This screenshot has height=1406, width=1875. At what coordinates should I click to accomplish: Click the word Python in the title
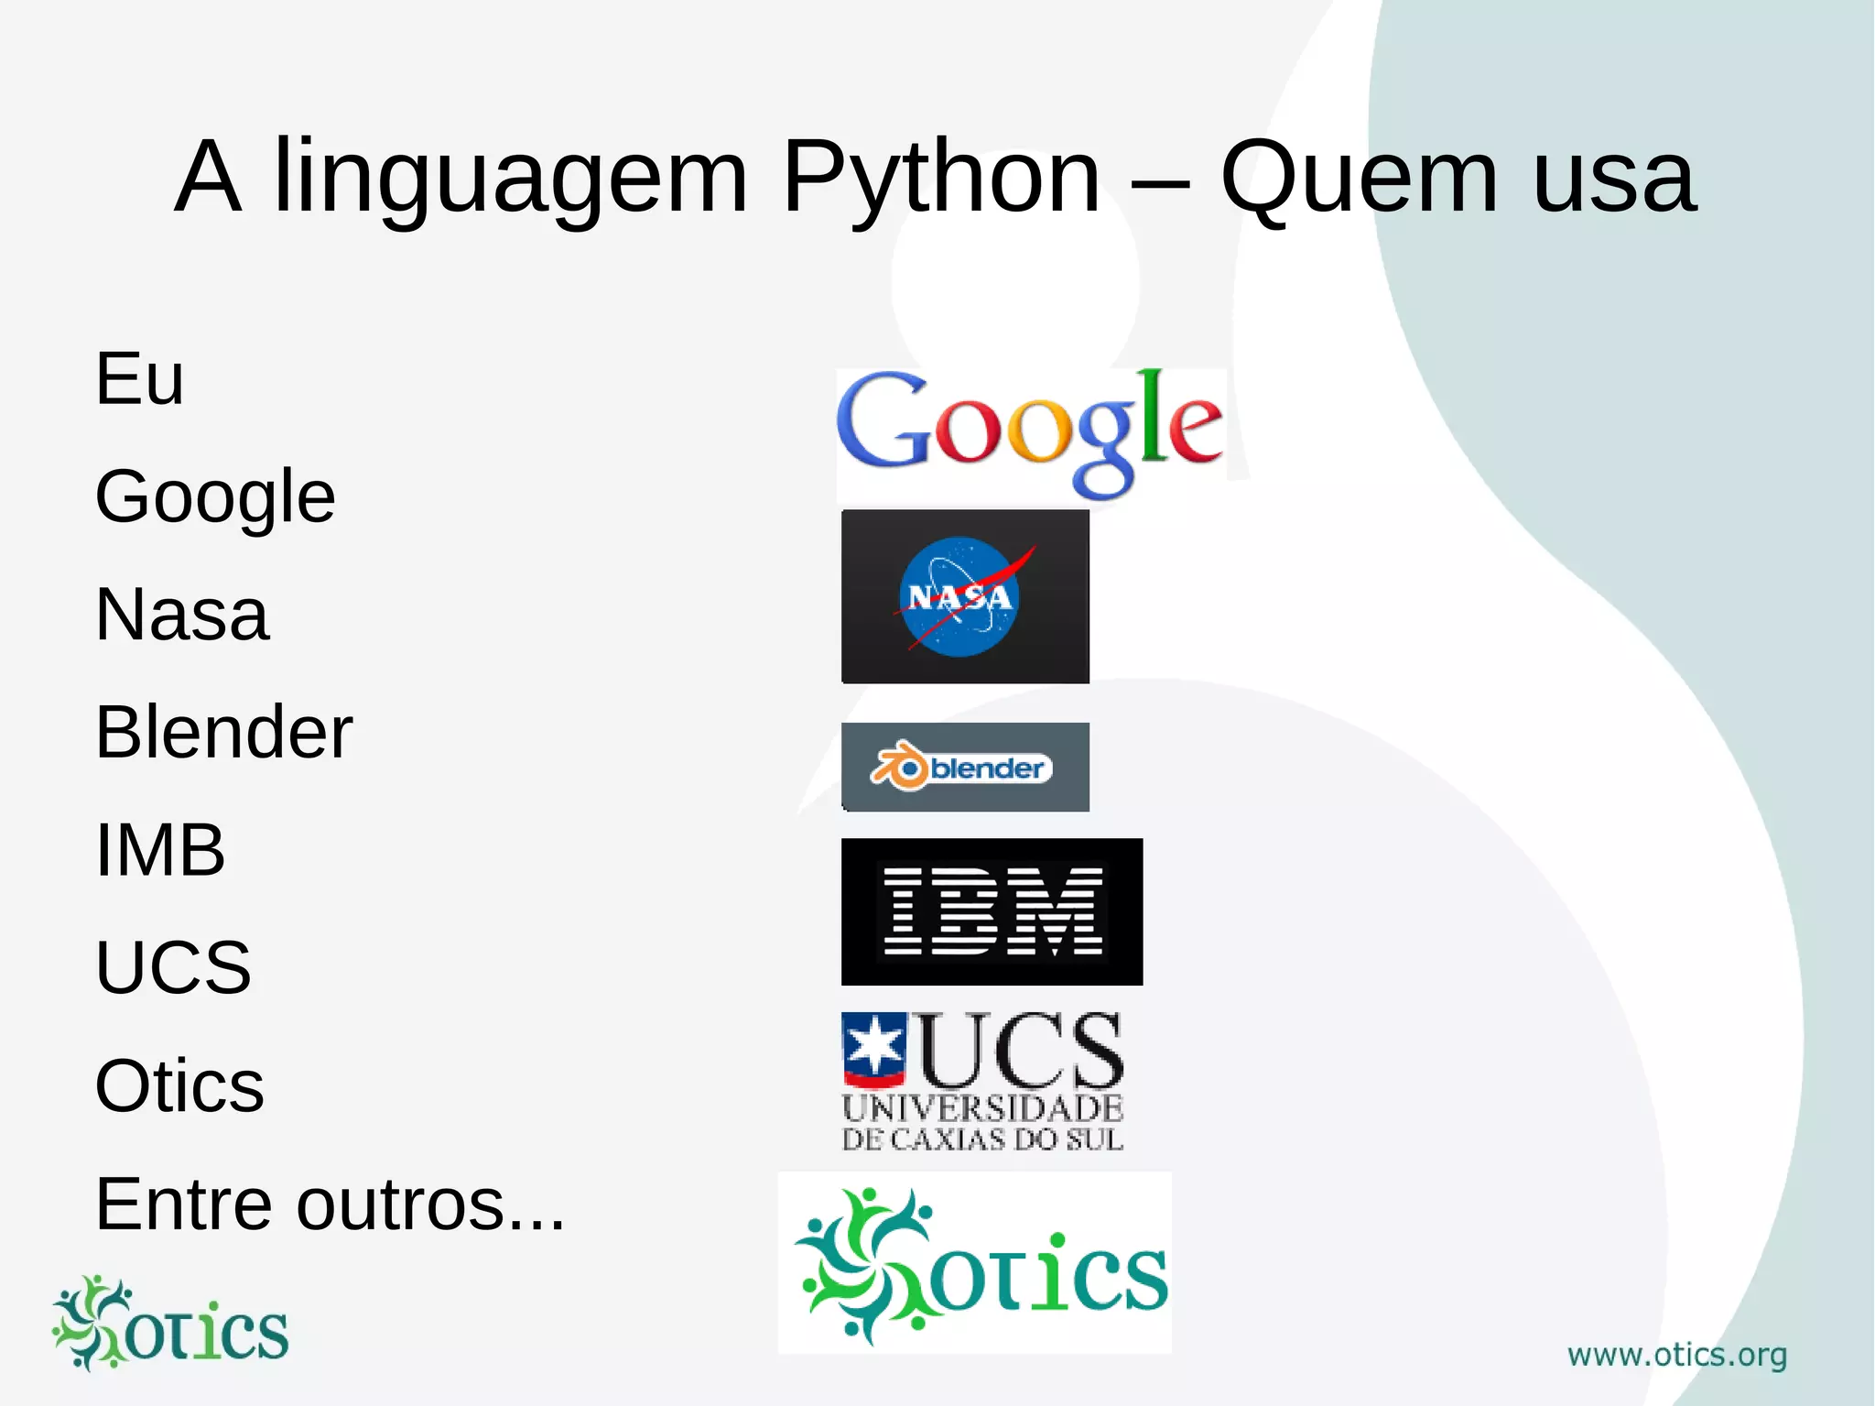(x=940, y=179)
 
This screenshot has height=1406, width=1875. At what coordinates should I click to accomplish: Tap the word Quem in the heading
(x=1360, y=179)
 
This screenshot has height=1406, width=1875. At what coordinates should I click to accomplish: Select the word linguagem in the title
(x=511, y=179)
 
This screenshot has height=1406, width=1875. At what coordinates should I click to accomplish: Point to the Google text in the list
(x=215, y=497)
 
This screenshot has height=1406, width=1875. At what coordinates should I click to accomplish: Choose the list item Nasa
(x=181, y=615)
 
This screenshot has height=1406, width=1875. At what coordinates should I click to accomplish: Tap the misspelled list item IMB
(x=160, y=850)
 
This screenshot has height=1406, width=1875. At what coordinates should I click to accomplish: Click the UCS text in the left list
(x=173, y=967)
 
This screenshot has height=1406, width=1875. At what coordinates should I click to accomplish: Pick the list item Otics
(x=179, y=1086)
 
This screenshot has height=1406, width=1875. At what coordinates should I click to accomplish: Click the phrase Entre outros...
(x=330, y=1204)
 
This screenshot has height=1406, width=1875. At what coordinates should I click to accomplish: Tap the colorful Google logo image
(x=1030, y=431)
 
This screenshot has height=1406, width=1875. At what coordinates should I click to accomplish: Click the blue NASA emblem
(x=959, y=596)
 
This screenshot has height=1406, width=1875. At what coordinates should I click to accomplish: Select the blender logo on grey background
(x=965, y=767)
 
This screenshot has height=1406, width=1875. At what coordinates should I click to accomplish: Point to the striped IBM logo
(x=992, y=911)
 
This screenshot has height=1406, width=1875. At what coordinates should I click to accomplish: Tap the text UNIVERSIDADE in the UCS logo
(x=982, y=1108)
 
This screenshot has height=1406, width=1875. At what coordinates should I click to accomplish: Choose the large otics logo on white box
(x=976, y=1264)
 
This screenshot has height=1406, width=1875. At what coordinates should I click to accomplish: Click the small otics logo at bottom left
(x=170, y=1324)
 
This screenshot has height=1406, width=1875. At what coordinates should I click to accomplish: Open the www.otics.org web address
(x=1676, y=1355)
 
